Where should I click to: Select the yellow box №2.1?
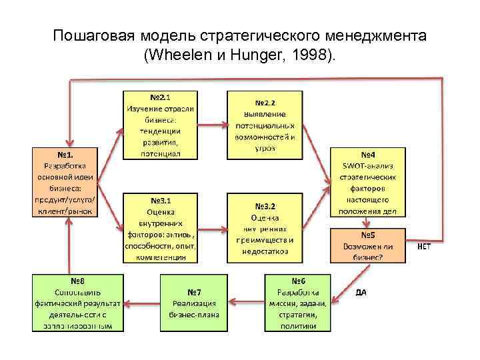coord(160,125)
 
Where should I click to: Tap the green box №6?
coord(298,302)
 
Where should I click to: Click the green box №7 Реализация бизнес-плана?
coord(194,302)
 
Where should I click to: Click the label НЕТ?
coord(425,246)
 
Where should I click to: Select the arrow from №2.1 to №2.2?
coord(212,125)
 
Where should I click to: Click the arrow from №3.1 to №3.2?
coord(212,229)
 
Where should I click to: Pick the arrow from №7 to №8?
coord(142,303)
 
